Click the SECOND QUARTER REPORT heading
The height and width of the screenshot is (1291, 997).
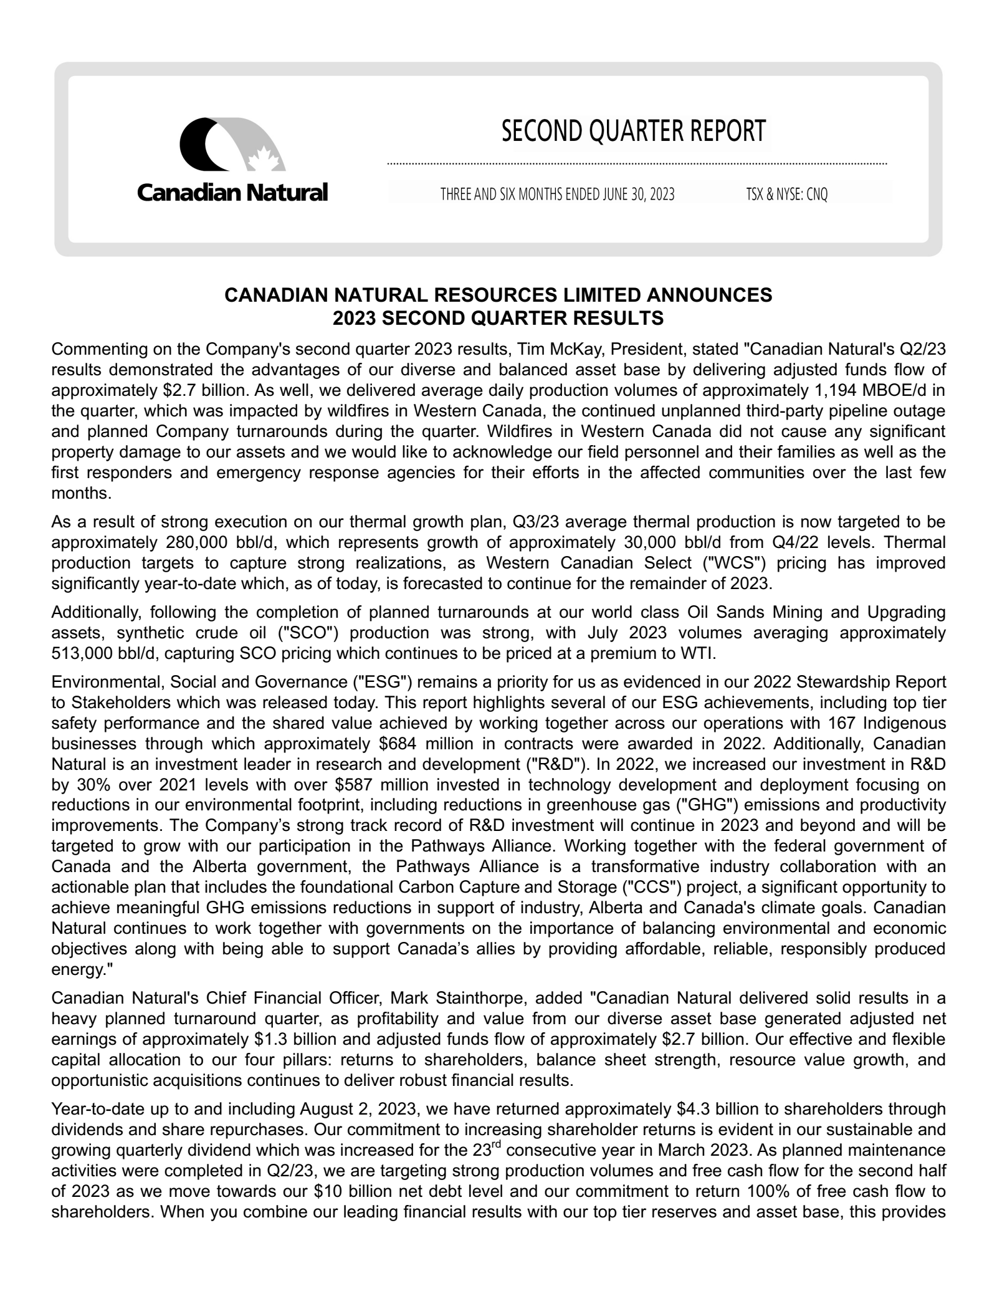pyautogui.click(x=633, y=132)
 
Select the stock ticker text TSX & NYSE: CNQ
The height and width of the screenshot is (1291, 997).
pyautogui.click(x=787, y=194)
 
